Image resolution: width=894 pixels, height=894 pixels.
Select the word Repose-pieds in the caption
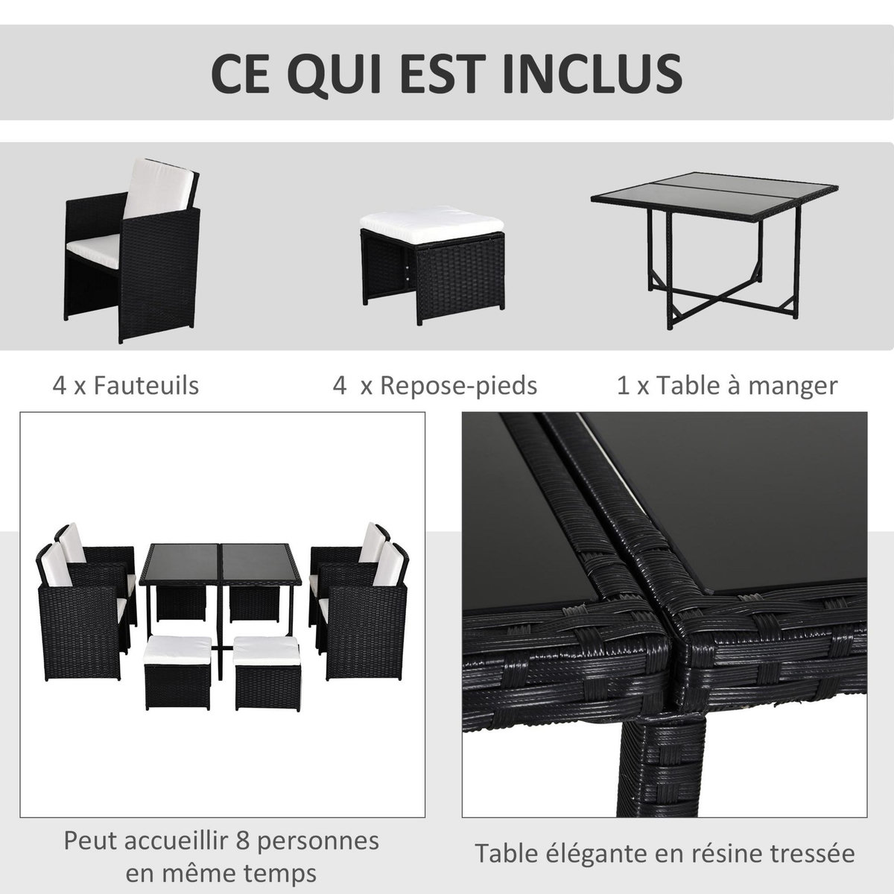point(458,386)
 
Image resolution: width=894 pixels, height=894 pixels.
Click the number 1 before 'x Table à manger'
point(622,386)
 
